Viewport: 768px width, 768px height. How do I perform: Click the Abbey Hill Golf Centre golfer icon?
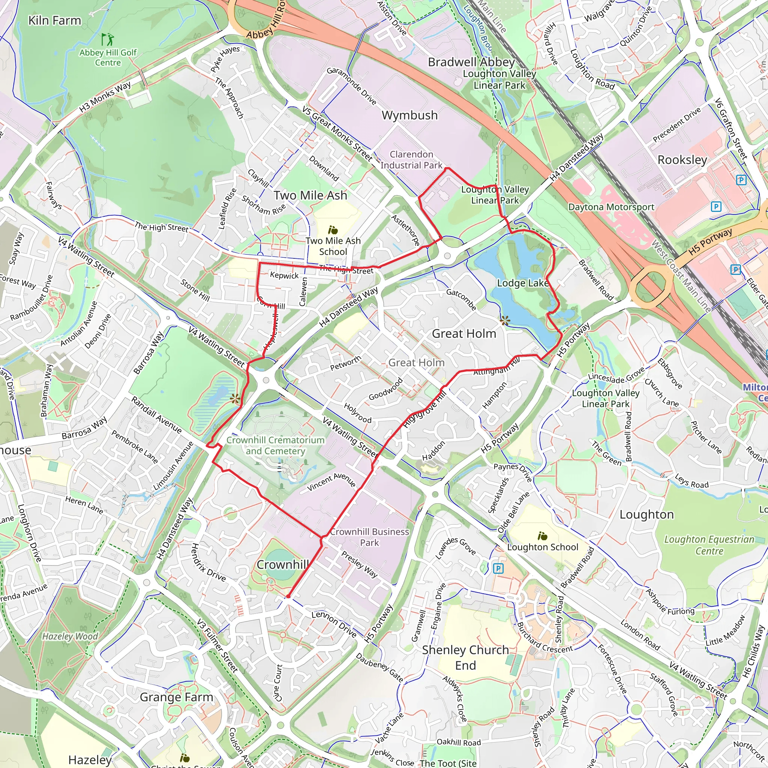[x=107, y=39]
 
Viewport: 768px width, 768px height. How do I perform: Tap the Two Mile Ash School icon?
[x=333, y=230]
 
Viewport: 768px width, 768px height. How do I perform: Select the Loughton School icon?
[x=542, y=536]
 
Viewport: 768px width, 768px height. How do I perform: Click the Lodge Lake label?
[x=523, y=283]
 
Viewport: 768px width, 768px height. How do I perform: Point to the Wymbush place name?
[x=409, y=115]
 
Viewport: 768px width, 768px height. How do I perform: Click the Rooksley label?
[x=682, y=160]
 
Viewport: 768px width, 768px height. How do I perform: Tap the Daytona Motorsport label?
[x=611, y=207]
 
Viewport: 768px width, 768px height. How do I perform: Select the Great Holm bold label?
[x=464, y=333]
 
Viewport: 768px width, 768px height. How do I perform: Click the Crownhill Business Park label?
[x=369, y=537]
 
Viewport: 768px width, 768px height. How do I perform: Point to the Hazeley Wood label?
[x=70, y=636]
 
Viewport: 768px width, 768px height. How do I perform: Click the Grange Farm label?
[x=177, y=697]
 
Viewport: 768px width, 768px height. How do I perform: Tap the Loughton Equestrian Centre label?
[x=709, y=545]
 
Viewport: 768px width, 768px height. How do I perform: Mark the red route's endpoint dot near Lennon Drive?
[x=288, y=596]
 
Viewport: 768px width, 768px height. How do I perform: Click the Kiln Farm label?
[x=54, y=21]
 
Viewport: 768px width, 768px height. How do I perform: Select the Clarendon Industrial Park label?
[x=411, y=160]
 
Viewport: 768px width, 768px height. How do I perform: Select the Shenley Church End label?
[x=465, y=657]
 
